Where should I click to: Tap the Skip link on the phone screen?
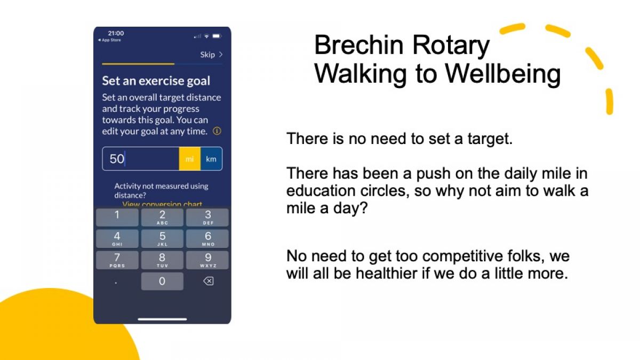[211, 54]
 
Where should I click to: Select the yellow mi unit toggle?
[190, 159]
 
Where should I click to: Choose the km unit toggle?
[211, 159]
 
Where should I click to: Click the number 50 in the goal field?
[117, 159]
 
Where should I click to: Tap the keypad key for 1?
[117, 218]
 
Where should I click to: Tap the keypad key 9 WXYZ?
[207, 260]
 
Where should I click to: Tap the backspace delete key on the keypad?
[209, 281]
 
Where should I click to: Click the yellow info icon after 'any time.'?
[217, 131]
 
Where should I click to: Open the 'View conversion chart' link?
[162, 204]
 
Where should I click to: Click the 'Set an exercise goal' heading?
[156, 81]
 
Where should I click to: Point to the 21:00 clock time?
[116, 33]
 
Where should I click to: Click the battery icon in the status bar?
[217, 36]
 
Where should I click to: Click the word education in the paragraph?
[321, 190]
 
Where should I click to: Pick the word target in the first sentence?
[490, 139]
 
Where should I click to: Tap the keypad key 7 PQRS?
[117, 260]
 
